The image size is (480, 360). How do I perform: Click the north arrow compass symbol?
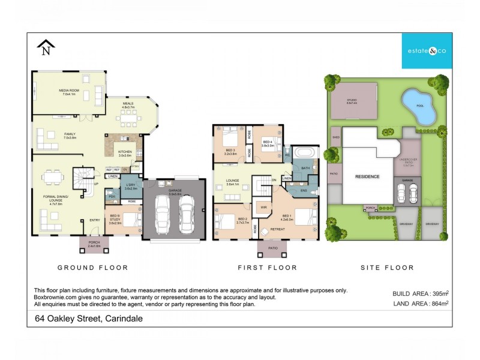point(46,47)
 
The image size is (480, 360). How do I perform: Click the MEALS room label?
point(128,103)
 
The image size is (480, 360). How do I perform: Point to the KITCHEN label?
point(125,152)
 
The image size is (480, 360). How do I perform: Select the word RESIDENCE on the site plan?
point(367,177)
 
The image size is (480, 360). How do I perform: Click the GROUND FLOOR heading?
point(92,267)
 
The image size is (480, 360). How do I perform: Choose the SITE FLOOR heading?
point(387,267)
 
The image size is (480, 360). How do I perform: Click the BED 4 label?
point(268,142)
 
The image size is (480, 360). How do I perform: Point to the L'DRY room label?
point(130,186)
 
